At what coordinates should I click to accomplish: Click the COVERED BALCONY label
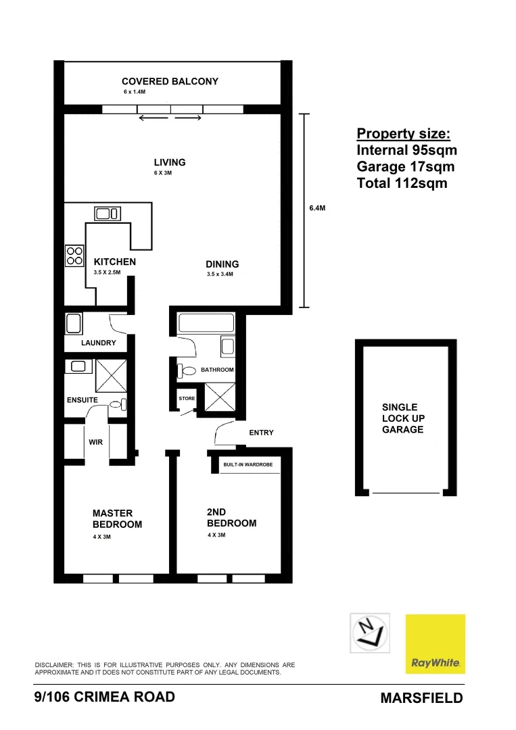click(170, 81)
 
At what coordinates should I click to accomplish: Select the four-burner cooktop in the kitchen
click(74, 255)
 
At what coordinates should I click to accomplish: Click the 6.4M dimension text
click(317, 209)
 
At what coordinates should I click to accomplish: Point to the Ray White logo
click(435, 643)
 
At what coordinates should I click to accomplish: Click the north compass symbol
click(369, 632)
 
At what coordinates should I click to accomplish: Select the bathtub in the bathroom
click(206, 322)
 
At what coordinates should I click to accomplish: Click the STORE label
click(187, 399)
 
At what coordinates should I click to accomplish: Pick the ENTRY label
click(261, 433)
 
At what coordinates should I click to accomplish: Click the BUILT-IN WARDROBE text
click(248, 465)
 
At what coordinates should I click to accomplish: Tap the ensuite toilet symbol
click(118, 404)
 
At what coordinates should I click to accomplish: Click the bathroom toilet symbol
click(186, 370)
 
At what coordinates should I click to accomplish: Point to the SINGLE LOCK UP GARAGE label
click(402, 418)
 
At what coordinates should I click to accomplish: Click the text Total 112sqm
click(402, 183)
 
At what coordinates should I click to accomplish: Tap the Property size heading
click(403, 133)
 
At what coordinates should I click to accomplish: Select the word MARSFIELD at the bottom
click(422, 698)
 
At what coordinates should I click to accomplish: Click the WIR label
click(95, 443)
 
